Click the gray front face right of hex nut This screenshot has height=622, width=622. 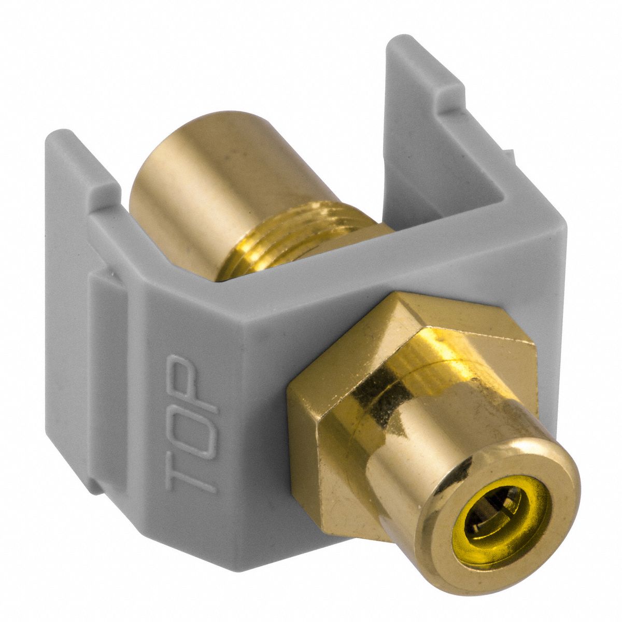[x=549, y=321]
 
